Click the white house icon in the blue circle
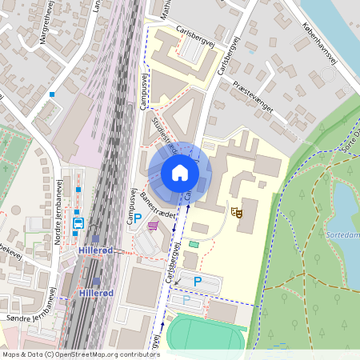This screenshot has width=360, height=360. [179, 172]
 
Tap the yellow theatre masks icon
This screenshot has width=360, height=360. [236, 212]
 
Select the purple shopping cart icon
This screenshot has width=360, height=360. [152, 226]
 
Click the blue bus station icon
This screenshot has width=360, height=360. [78, 223]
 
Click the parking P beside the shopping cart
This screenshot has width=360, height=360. [137, 218]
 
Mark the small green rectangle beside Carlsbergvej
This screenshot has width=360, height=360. [194, 244]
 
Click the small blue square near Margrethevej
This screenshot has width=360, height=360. [52, 94]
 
